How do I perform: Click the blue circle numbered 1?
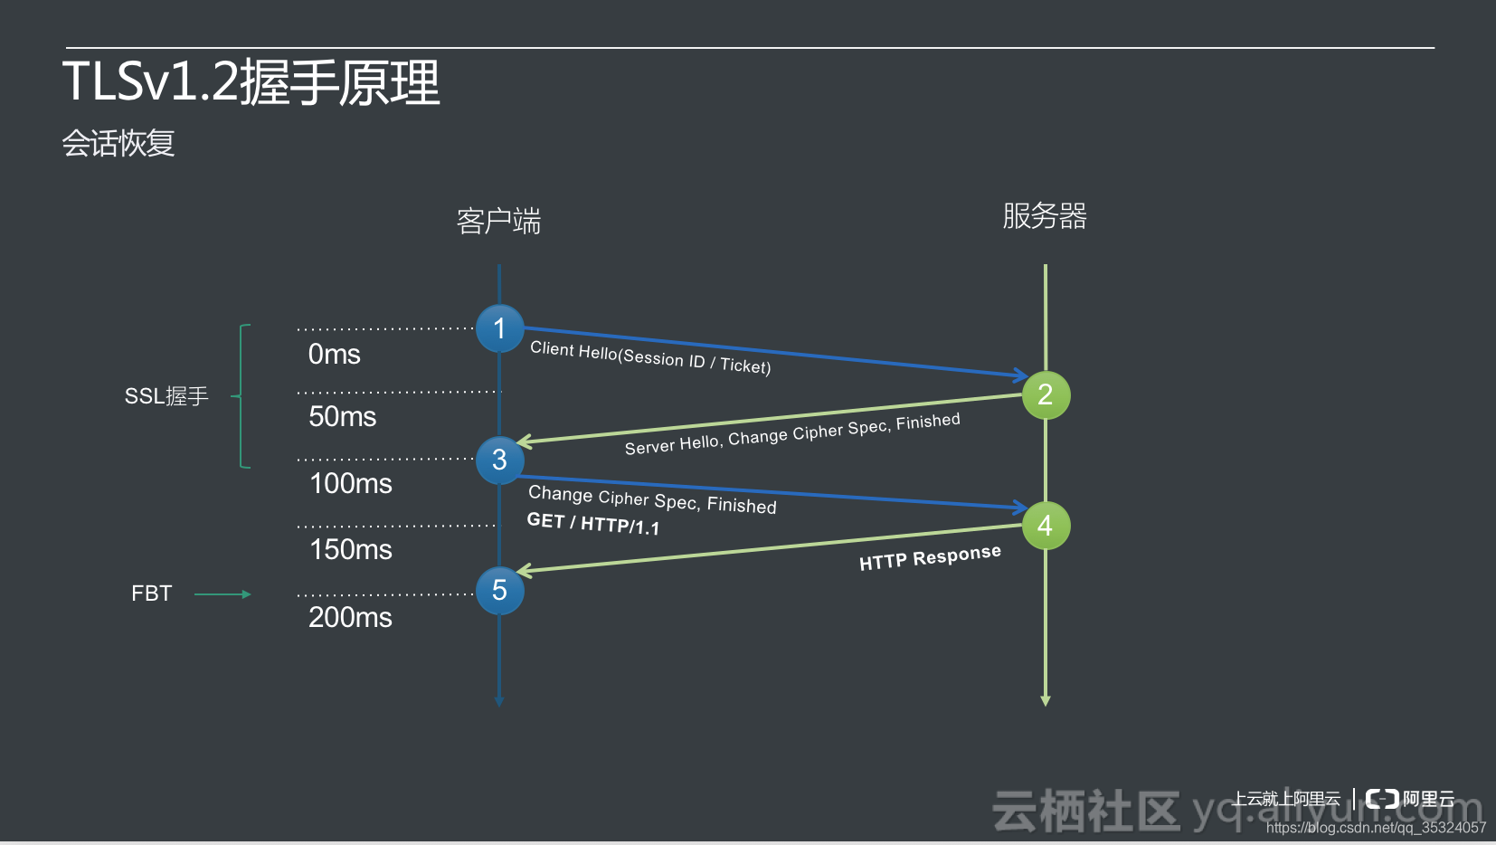pyautogui.click(x=499, y=328)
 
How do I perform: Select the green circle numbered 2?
pyautogui.click(x=1046, y=394)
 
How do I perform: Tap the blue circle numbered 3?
pyautogui.click(x=499, y=460)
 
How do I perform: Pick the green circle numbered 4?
pyautogui.click(x=1046, y=526)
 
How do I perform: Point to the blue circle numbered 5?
pyautogui.click(x=499, y=591)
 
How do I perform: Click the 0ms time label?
pyautogui.click(x=334, y=355)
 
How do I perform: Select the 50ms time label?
pyautogui.click(x=342, y=417)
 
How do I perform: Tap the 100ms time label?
pyautogui.click(x=350, y=484)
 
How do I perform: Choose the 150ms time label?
pyautogui.click(x=350, y=550)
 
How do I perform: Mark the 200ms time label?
pyautogui.click(x=350, y=618)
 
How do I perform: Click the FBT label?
pyautogui.click(x=151, y=593)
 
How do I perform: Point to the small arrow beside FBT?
pyautogui.click(x=223, y=594)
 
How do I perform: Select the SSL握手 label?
pyautogui.click(x=166, y=396)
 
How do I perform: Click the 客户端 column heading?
pyautogui.click(x=498, y=222)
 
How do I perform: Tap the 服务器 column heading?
pyautogui.click(x=1045, y=216)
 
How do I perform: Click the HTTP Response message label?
pyautogui.click(x=930, y=557)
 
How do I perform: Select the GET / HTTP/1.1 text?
pyautogui.click(x=592, y=523)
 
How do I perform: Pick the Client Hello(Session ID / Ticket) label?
pyautogui.click(x=650, y=357)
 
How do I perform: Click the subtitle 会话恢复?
pyautogui.click(x=118, y=143)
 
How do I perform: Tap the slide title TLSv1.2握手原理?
pyautogui.click(x=251, y=82)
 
